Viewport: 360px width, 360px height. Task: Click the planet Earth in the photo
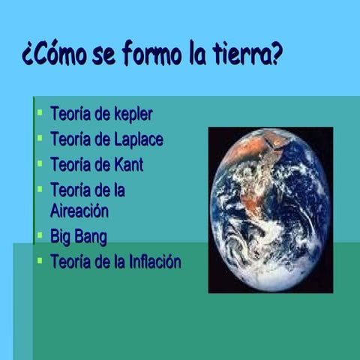coord(270,210)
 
